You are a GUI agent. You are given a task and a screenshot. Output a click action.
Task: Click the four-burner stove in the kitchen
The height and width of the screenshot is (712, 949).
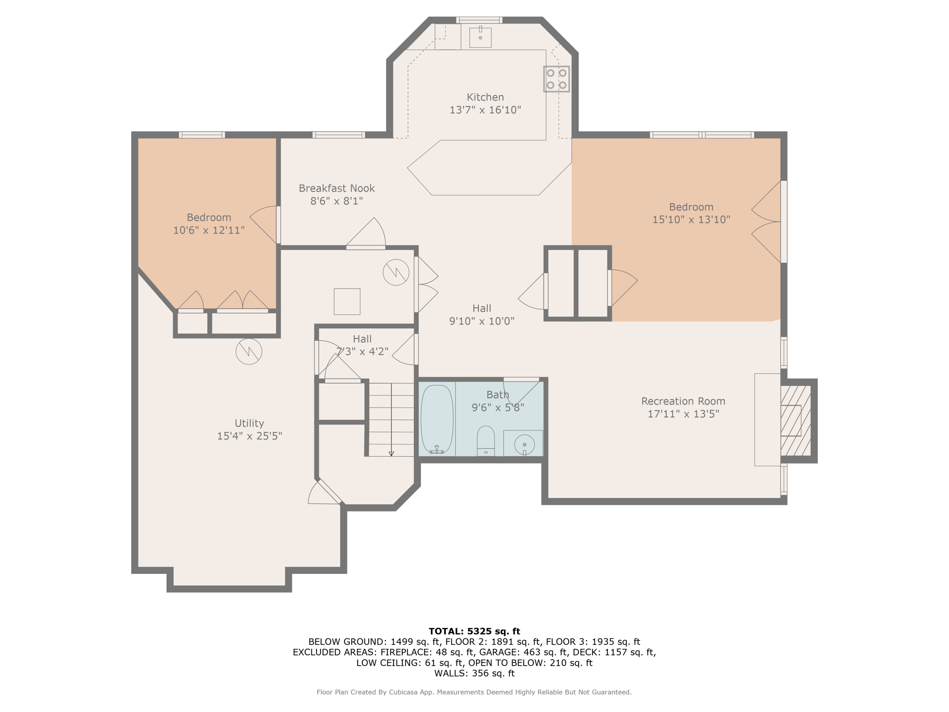tap(556, 79)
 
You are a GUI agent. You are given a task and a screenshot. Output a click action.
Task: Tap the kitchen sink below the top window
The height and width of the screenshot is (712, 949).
tap(480, 37)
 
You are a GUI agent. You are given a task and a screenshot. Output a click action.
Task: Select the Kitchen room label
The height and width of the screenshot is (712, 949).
tap(485, 97)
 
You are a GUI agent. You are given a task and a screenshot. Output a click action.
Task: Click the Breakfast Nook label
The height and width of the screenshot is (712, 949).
tap(336, 188)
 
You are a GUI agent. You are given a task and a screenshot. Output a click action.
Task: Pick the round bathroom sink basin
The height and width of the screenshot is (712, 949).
tap(524, 444)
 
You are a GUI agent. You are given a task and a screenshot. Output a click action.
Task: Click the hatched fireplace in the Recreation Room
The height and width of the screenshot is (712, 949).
tap(795, 420)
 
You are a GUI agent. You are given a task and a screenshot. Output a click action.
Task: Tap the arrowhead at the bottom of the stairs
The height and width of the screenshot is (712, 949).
tap(391, 454)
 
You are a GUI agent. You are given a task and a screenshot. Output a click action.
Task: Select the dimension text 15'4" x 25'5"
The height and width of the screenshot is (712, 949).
tap(249, 436)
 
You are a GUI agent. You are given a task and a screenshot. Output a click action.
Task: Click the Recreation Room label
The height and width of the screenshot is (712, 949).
tap(683, 401)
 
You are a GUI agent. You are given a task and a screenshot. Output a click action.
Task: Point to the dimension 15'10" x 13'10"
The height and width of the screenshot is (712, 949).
tap(691, 220)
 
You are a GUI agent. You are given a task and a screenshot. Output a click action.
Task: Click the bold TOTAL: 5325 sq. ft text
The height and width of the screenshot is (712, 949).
tap(474, 631)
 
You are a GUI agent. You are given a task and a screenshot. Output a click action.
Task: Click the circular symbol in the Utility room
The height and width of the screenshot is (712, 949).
tap(249, 351)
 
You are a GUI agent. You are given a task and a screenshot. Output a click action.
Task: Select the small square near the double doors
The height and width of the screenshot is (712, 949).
tap(347, 302)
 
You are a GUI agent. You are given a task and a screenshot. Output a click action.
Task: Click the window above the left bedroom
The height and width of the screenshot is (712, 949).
tap(202, 135)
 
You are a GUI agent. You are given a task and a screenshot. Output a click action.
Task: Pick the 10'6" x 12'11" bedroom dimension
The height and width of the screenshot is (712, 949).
tap(209, 230)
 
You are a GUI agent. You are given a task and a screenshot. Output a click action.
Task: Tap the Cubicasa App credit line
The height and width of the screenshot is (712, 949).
tap(474, 692)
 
